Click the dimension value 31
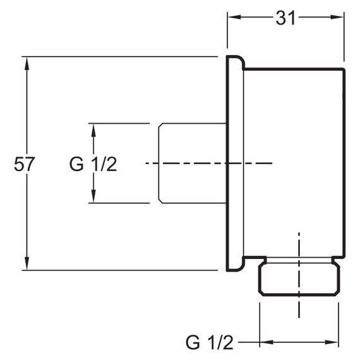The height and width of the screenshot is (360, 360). [285, 18]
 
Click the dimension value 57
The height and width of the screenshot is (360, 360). [25, 164]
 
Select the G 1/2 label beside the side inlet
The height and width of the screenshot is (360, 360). [93, 164]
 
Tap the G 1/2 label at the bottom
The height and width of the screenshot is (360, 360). [209, 342]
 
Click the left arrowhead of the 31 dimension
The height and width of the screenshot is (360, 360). [234, 17]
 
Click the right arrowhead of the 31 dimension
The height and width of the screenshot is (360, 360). [337, 17]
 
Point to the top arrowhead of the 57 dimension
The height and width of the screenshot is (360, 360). [27, 63]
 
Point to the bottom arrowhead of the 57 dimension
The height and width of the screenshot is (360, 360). [27, 263]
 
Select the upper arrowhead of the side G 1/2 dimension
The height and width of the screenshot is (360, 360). [93, 130]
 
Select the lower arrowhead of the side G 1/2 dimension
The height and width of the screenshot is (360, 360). [93, 196]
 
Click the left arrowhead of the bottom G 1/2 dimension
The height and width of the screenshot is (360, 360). [267, 342]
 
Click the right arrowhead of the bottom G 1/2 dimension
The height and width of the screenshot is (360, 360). [332, 342]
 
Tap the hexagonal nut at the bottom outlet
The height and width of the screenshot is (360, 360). [299, 279]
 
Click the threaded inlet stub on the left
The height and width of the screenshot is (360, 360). [193, 163]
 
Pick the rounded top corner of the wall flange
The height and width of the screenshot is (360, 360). [241, 59]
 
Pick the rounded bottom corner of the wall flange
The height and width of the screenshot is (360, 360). [241, 268]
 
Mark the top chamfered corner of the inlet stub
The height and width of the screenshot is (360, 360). [160, 126]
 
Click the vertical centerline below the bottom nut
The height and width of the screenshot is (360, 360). [299, 307]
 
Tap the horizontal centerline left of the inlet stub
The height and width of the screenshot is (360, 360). [152, 163]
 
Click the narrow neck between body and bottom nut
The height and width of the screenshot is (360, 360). [299, 260]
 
